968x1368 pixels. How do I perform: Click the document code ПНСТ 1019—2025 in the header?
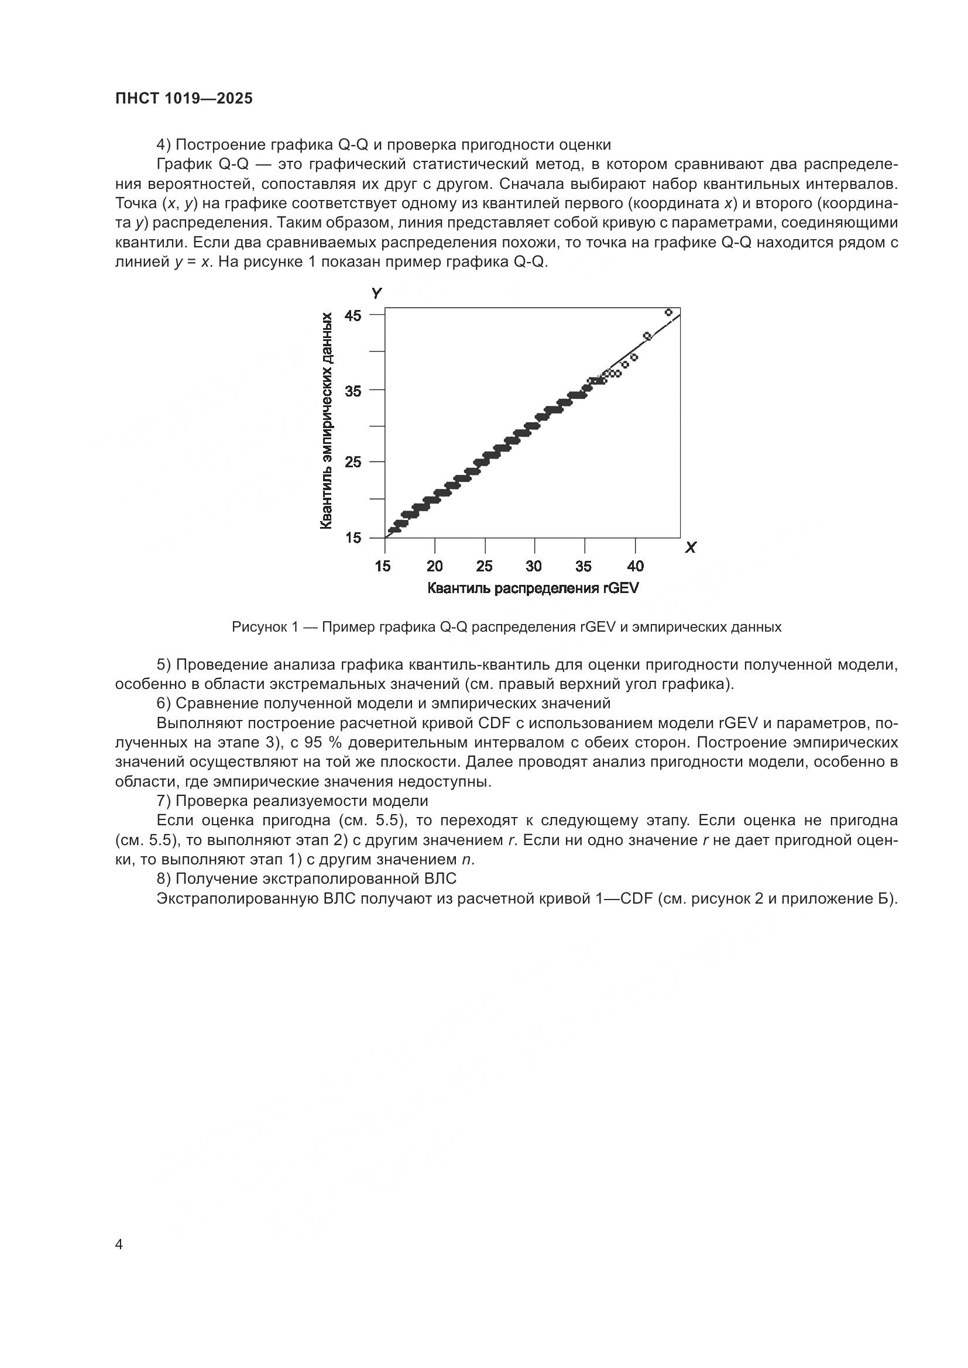[x=184, y=99]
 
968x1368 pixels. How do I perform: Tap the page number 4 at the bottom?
[x=119, y=1244]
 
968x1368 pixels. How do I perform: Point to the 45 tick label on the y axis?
[x=353, y=315]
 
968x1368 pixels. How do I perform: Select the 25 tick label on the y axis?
[x=353, y=462]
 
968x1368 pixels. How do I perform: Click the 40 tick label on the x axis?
[x=636, y=566]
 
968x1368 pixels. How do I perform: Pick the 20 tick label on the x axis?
[x=435, y=566]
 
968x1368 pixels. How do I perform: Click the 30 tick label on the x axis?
[x=535, y=566]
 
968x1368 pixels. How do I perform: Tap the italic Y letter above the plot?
[x=376, y=293]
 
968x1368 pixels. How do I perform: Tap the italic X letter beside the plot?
[x=691, y=547]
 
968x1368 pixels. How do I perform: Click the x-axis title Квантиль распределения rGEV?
[x=533, y=589]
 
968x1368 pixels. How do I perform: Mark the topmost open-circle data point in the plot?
[x=668, y=312]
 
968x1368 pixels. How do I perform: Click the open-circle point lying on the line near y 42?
[x=647, y=336]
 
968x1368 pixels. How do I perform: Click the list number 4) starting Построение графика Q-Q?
[x=164, y=145]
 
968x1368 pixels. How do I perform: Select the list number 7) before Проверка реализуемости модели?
[x=164, y=801]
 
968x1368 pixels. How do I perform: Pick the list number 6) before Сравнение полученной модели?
[x=164, y=703]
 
